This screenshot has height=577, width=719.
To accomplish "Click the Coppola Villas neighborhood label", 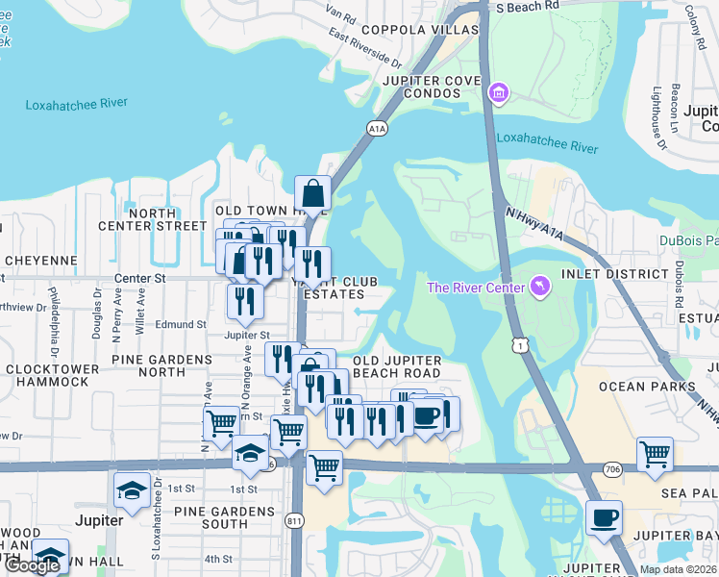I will click(x=419, y=31).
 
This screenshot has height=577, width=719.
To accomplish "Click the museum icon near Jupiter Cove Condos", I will click(x=499, y=93).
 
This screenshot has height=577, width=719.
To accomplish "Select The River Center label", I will click(x=476, y=288).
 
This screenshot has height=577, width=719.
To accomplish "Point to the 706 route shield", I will click(x=612, y=468).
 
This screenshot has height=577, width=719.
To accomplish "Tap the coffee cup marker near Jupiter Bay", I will click(x=604, y=518).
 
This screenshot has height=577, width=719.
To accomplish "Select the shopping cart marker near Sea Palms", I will click(x=655, y=453).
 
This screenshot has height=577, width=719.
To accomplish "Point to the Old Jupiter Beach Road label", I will click(x=397, y=366).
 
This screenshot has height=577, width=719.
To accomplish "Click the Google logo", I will click(x=32, y=565).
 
